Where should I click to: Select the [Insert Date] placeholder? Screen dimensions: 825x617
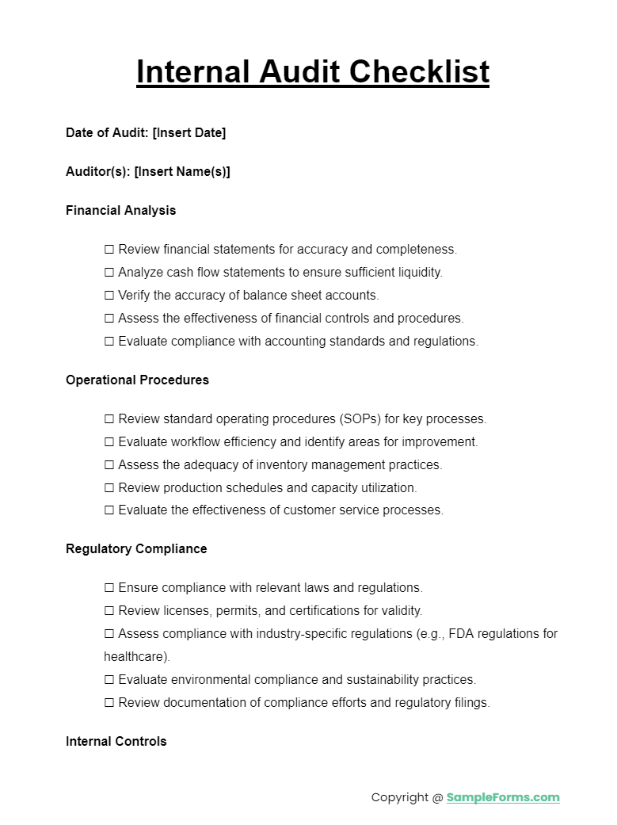click(x=189, y=132)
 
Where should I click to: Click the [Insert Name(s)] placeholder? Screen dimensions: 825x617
click(x=182, y=171)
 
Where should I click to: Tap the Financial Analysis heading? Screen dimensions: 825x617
click(x=120, y=210)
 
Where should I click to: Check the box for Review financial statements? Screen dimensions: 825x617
click(x=109, y=250)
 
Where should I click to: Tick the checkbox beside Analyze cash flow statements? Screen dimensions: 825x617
click(x=109, y=273)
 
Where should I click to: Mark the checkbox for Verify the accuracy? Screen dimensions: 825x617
click(x=109, y=296)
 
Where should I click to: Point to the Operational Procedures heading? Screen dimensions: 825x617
click(x=137, y=380)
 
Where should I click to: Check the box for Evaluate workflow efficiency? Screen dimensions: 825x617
click(x=109, y=442)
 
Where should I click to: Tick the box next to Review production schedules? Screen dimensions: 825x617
click(x=109, y=488)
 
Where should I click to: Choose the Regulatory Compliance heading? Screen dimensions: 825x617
click(x=136, y=548)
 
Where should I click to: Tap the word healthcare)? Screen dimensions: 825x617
click(x=136, y=657)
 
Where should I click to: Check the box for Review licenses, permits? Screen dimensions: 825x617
click(x=109, y=611)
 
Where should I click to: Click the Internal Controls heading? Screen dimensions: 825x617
click(x=116, y=741)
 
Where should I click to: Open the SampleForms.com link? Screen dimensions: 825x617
click(x=502, y=797)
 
